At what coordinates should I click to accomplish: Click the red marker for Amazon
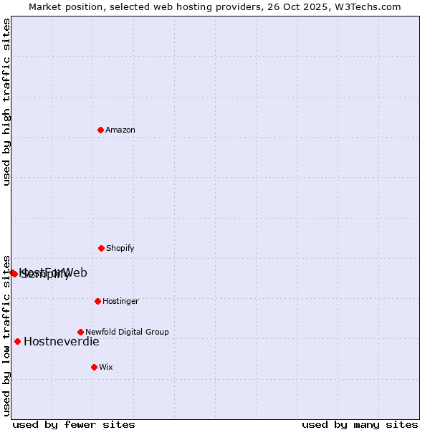click(x=101, y=130)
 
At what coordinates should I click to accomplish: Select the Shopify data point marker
click(x=101, y=248)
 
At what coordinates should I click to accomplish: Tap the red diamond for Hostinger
click(x=97, y=301)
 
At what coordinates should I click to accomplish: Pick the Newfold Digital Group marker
click(x=80, y=332)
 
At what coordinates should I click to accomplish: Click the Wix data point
click(x=94, y=367)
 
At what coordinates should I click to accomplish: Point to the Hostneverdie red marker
click(x=17, y=341)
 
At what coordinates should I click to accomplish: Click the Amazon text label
click(x=120, y=130)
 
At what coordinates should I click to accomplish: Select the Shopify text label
click(x=120, y=248)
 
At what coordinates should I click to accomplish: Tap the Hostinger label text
click(x=120, y=301)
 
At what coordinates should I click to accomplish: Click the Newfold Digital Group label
click(x=127, y=332)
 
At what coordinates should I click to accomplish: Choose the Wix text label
click(x=106, y=367)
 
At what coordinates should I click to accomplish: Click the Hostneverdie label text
click(x=62, y=341)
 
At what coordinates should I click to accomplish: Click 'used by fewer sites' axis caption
click(x=74, y=424)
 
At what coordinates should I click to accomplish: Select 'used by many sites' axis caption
click(x=360, y=424)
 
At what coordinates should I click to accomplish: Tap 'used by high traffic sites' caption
click(x=6, y=102)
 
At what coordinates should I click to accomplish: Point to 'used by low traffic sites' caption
click(x=6, y=335)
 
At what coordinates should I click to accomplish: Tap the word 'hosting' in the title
click(x=188, y=6)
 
